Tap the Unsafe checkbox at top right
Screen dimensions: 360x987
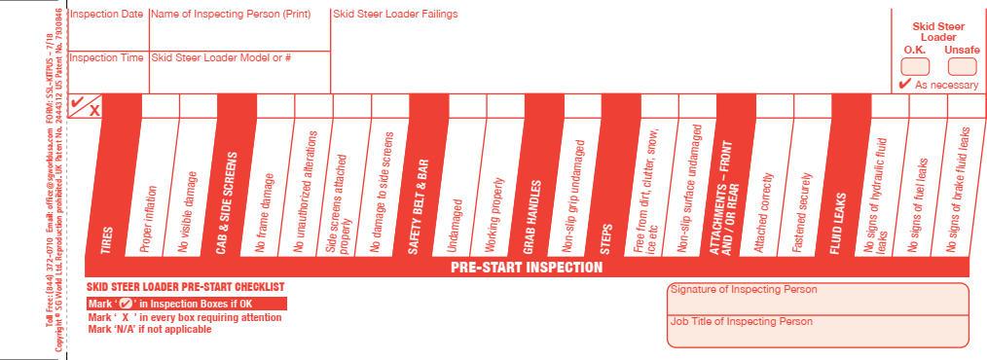(x=962, y=66)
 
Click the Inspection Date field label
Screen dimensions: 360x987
(x=106, y=15)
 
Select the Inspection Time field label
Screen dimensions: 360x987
(x=106, y=57)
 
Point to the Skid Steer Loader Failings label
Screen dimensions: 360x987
(x=395, y=15)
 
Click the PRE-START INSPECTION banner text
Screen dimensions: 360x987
(x=527, y=268)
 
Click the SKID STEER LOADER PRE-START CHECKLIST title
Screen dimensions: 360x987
(x=185, y=288)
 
